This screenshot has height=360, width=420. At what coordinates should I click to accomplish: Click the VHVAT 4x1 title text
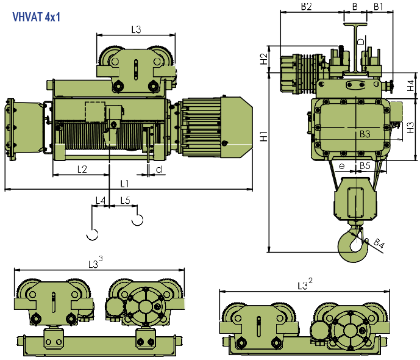37,17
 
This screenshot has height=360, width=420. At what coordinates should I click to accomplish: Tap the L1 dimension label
124,184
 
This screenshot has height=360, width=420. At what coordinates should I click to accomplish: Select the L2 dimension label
82,169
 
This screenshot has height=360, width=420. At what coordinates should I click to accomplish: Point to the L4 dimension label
101,200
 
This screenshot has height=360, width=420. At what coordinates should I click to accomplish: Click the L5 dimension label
125,200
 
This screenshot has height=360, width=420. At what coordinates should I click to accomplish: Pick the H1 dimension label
265,137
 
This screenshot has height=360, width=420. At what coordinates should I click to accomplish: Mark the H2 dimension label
264,59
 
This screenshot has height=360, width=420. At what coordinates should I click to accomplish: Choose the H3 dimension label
410,128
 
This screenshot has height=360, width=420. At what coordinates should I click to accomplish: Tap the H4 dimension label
410,85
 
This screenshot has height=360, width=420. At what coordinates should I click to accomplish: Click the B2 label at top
307,7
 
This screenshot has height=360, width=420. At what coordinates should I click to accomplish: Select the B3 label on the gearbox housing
365,134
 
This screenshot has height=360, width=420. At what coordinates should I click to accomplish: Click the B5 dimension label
365,166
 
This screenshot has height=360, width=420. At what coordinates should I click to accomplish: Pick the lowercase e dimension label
342,167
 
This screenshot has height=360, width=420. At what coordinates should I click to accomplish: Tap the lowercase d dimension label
159,170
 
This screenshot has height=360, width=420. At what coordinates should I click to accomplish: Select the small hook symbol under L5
137,220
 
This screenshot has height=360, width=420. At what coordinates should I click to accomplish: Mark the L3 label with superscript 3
95,263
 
